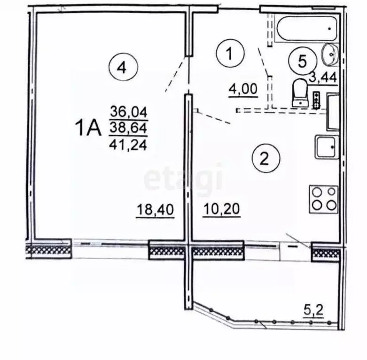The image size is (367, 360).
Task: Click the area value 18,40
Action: (156, 210)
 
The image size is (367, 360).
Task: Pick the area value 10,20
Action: (222, 210)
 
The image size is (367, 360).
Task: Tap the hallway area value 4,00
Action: (243, 88)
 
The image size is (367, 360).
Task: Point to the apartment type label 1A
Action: (88, 128)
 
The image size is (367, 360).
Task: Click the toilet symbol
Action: (299, 92)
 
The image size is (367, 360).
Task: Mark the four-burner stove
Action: (323, 199)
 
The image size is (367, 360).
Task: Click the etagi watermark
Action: (183, 178)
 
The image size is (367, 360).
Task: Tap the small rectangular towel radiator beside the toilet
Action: (316, 99)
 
